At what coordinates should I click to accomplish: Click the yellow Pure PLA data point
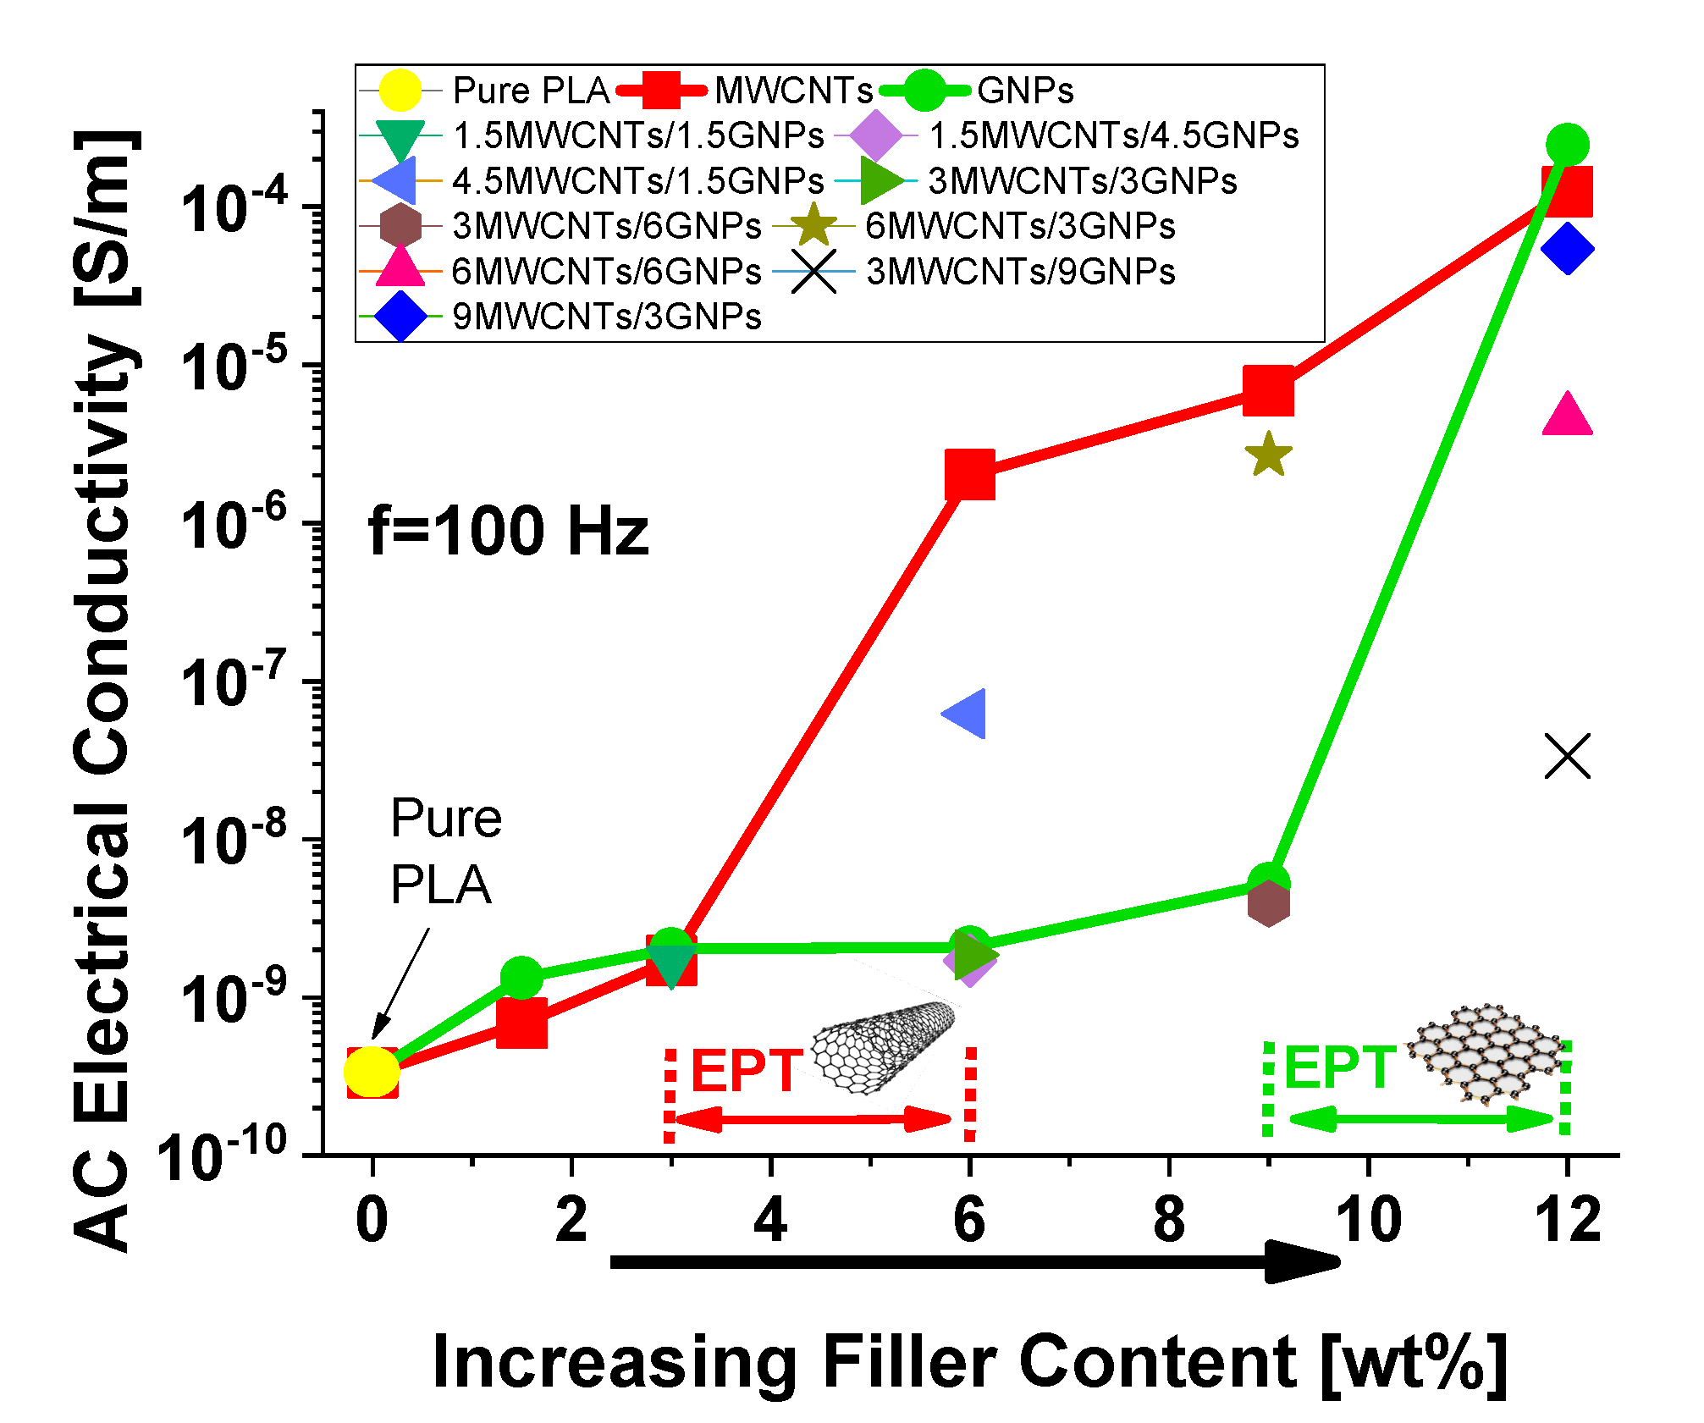point(371,1071)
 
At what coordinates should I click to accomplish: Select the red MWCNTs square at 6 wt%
point(969,474)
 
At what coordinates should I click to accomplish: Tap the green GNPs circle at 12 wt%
point(1567,144)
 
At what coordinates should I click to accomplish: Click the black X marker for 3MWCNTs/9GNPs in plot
point(1567,756)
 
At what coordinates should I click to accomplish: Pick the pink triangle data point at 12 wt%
point(1567,416)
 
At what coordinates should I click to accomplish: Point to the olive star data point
point(1268,455)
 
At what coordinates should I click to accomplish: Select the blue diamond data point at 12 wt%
point(1567,249)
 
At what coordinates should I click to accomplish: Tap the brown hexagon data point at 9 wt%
point(1268,902)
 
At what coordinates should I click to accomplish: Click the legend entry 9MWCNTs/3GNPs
point(606,317)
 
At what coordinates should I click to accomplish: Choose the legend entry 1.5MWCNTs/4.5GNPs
point(1113,135)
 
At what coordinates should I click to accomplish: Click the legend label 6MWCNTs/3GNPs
point(1019,226)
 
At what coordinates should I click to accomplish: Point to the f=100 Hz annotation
point(508,532)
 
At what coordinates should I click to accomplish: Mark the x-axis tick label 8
point(1169,1220)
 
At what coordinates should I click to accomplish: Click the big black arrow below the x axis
point(973,1262)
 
